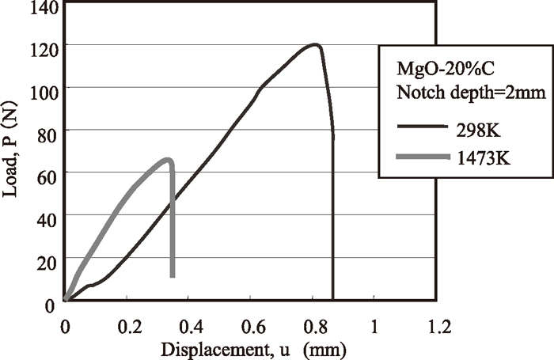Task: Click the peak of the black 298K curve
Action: (316, 45)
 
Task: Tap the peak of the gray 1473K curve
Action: (167, 160)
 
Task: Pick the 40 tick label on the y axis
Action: (44, 216)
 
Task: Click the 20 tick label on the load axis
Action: (44, 259)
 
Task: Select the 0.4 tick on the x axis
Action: (189, 324)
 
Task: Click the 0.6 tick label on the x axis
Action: (251, 324)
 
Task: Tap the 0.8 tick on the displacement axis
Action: (313, 324)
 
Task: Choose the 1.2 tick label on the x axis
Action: (437, 324)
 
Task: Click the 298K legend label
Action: (484, 127)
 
